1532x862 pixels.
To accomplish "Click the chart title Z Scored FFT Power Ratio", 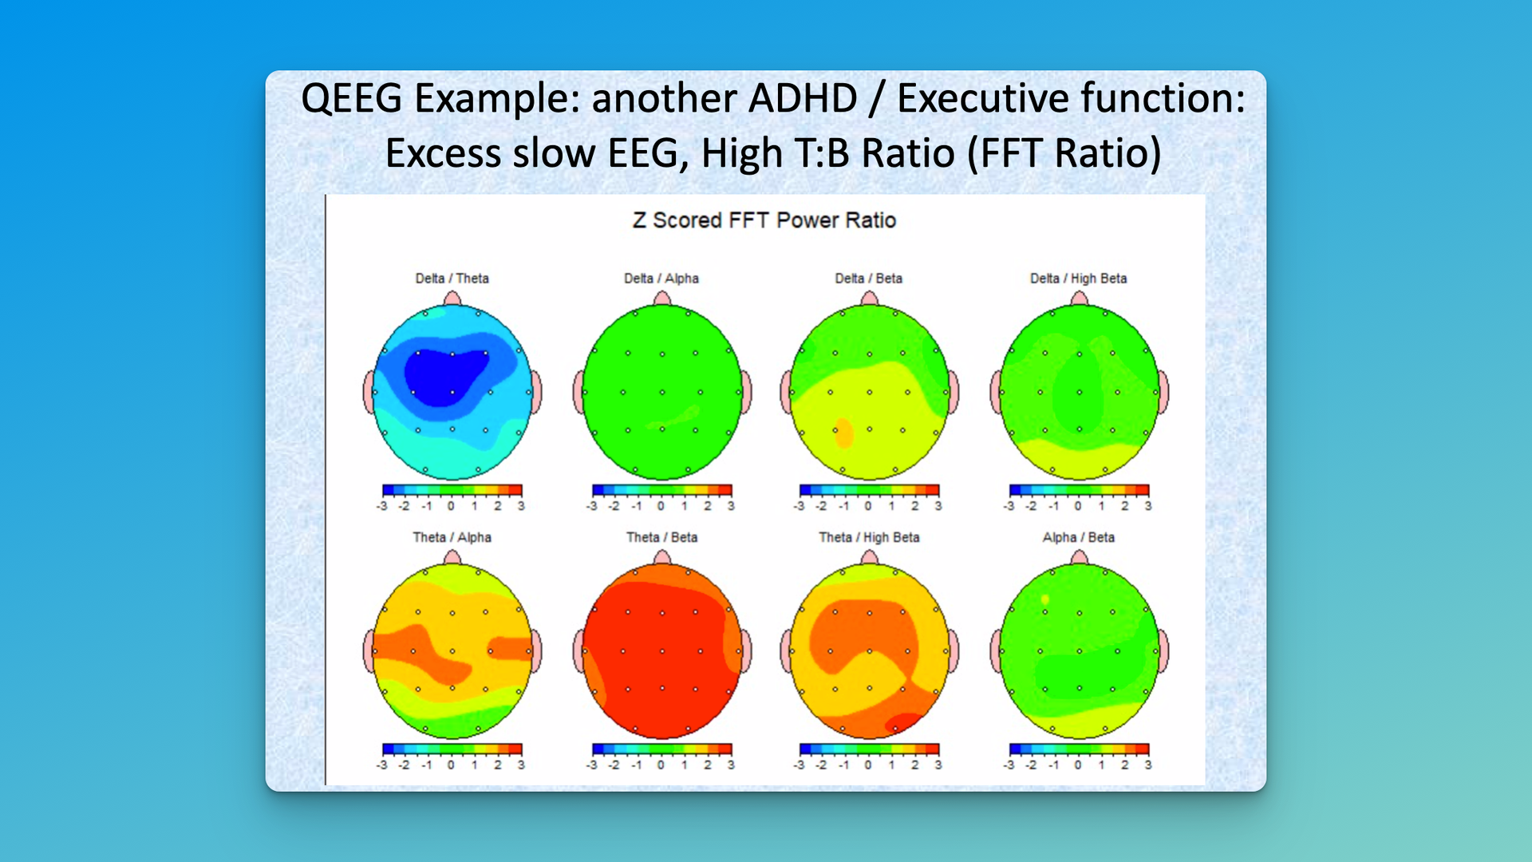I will tap(764, 220).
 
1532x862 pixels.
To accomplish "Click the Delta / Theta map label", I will tap(452, 279).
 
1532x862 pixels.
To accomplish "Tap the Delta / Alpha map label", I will tap(661, 279).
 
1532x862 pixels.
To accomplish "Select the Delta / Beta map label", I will tap(868, 279).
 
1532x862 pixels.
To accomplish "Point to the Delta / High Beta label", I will tap(1078, 279).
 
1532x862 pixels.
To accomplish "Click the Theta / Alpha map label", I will tap(452, 537).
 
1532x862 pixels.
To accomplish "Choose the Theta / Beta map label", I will tap(661, 537).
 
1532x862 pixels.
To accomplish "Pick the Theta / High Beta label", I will tap(869, 537).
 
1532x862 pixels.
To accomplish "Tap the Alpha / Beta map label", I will tap(1078, 537).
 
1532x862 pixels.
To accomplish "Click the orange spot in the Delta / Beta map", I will tap(843, 433).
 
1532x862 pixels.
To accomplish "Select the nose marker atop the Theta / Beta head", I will tap(661, 557).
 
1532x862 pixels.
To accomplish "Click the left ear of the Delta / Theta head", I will tap(369, 392).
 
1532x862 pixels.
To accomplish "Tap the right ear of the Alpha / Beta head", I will tap(1163, 650).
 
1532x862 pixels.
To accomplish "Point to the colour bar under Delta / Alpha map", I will tap(661, 490).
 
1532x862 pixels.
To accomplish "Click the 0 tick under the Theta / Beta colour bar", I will tap(661, 765).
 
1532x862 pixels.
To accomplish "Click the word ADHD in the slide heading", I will tap(802, 99).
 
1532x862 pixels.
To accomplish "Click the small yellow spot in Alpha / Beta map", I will tap(1045, 599).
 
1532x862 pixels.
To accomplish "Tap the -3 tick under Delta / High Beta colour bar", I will tap(1009, 506).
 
